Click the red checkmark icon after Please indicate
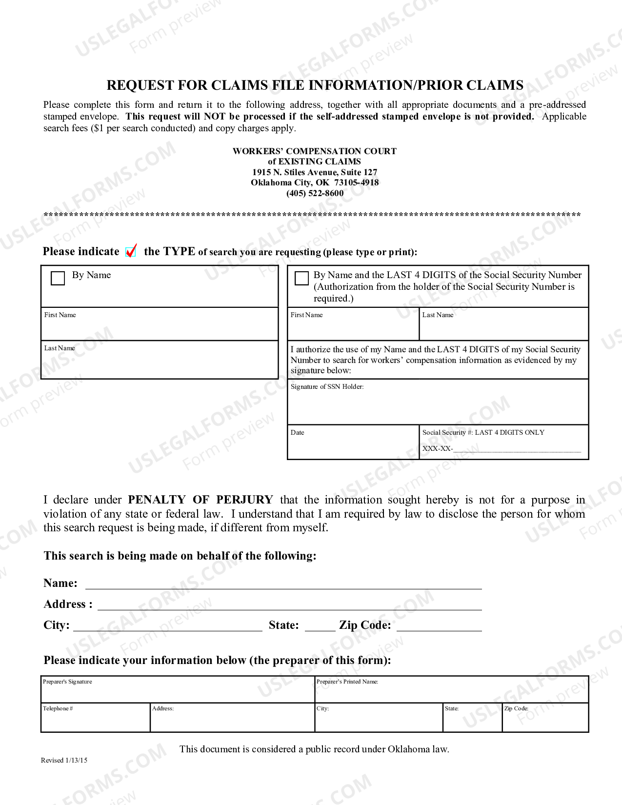click(131, 251)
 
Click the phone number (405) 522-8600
click(315, 193)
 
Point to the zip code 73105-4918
click(356, 182)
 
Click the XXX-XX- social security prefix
click(437, 448)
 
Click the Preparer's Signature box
click(178, 690)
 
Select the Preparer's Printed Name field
click(451, 690)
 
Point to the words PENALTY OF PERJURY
click(201, 500)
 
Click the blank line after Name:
click(283, 584)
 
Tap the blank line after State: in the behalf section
click(320, 626)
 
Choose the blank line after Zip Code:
click(439, 626)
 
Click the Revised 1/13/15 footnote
click(64, 760)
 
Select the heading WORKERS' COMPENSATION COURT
click(315, 151)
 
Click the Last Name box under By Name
click(160, 360)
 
